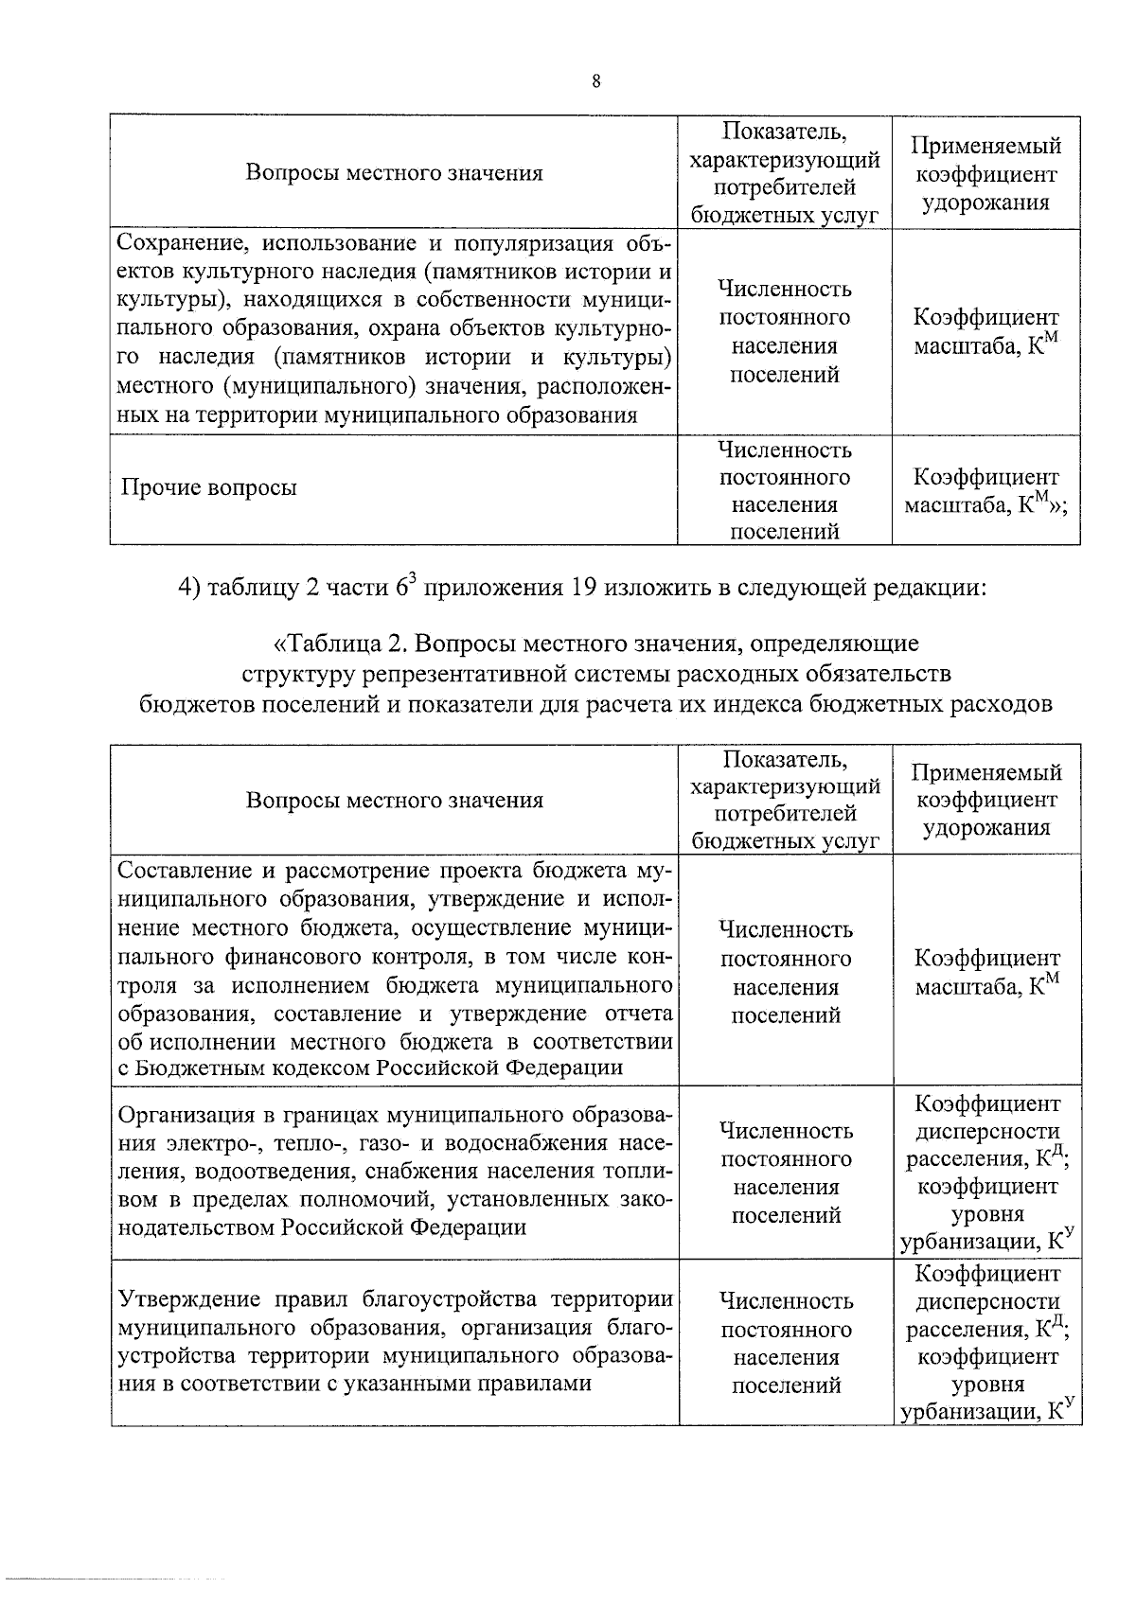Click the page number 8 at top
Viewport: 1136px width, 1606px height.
[x=595, y=82]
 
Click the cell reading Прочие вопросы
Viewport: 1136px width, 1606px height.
[x=208, y=488]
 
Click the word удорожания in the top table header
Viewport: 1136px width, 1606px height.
[x=985, y=203]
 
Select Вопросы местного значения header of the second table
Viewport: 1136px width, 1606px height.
[x=394, y=801]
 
